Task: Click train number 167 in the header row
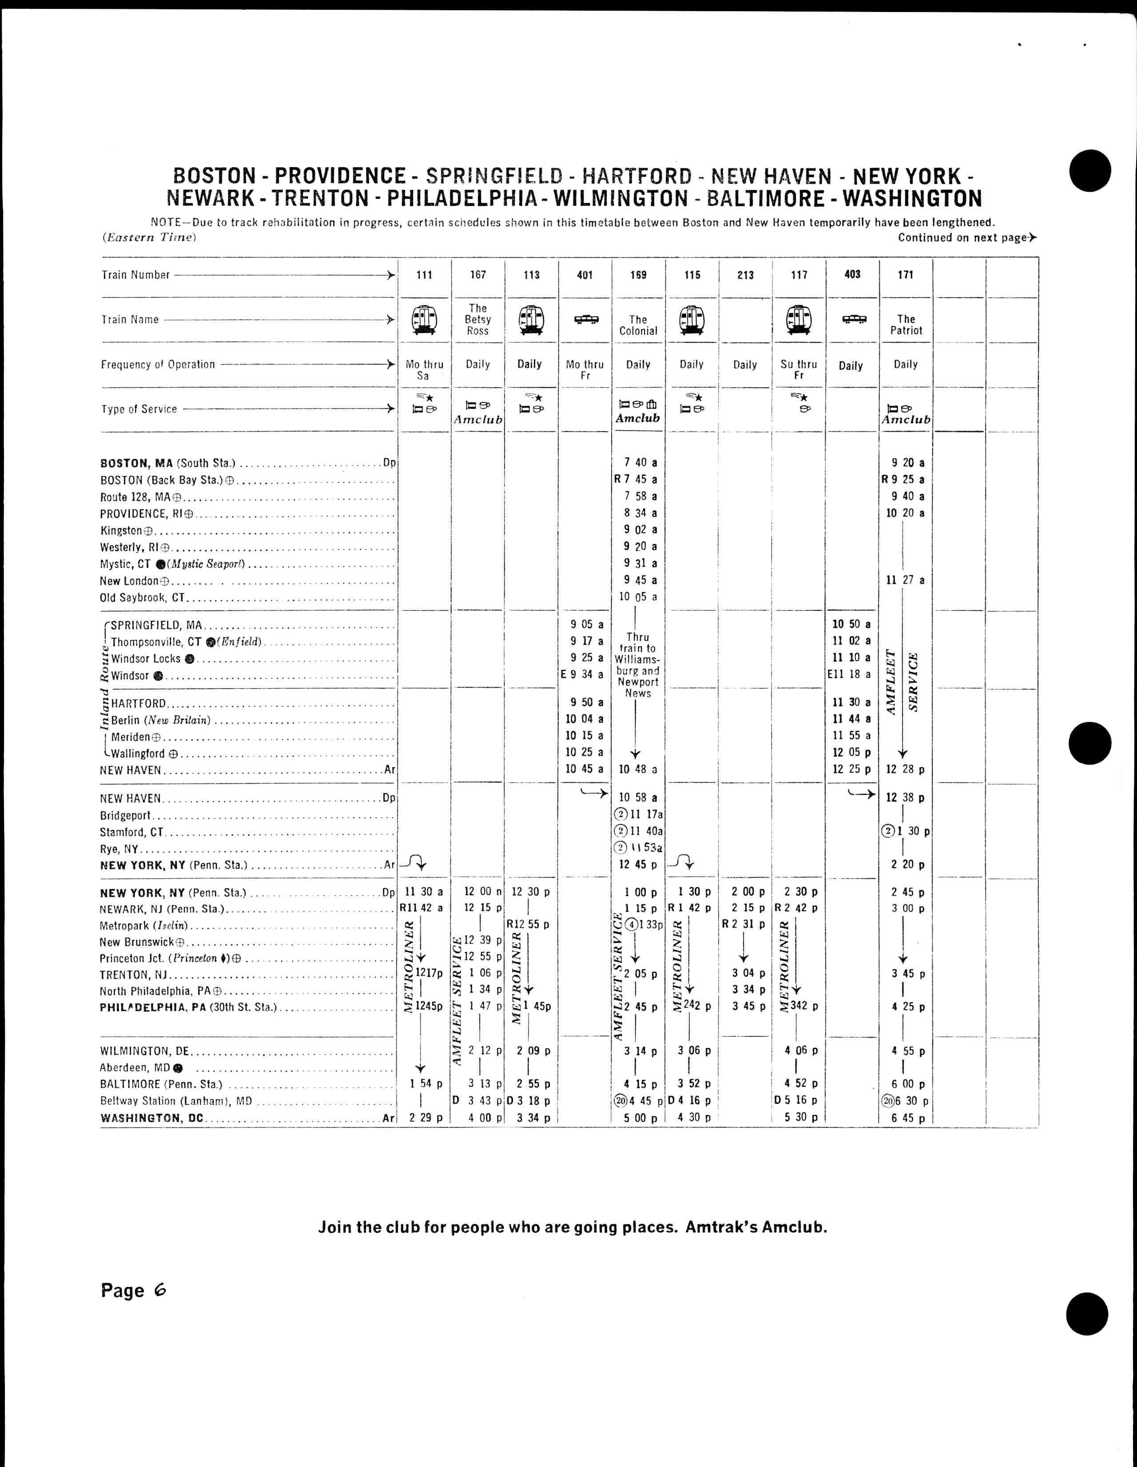pos(478,275)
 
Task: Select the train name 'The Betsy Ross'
pos(478,320)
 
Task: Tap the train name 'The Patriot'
pos(906,325)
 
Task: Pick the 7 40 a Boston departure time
pos(638,463)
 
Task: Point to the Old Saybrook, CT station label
pos(143,598)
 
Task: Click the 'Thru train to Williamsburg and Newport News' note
pos(638,665)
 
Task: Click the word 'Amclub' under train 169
pos(638,418)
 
